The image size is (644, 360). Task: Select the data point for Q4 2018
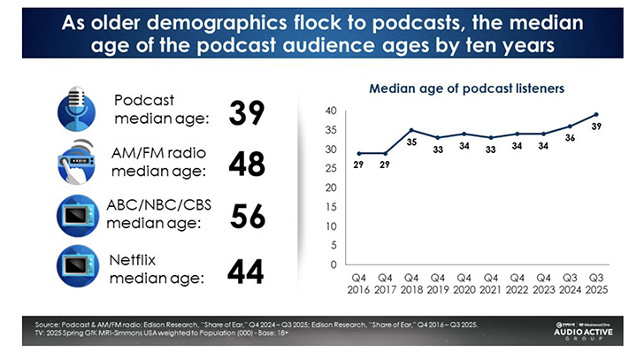point(411,130)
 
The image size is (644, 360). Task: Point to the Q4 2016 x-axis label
point(358,283)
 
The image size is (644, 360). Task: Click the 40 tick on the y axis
point(331,111)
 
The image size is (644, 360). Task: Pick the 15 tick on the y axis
point(331,207)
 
